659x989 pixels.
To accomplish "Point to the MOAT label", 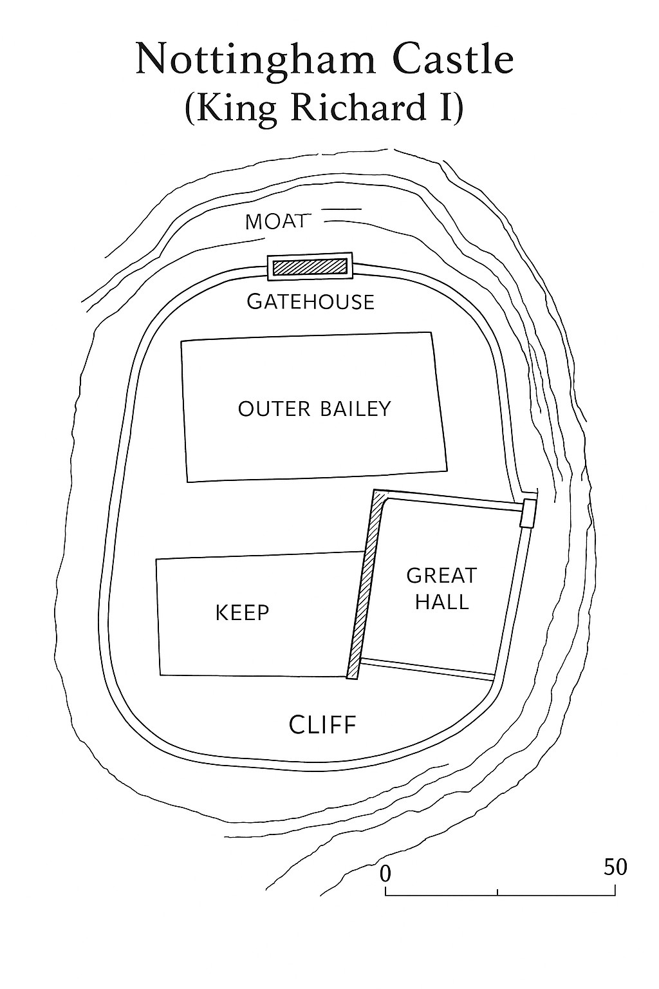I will [x=275, y=221].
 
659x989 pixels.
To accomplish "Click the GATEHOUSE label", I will [x=310, y=301].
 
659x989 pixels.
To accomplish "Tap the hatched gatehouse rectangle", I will [x=310, y=267].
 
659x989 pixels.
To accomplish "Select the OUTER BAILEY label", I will [x=314, y=409].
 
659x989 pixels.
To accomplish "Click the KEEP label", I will [x=242, y=612].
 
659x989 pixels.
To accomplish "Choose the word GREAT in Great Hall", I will [x=441, y=575].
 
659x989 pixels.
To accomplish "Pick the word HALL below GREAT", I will [x=441, y=602].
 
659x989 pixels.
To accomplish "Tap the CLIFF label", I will [x=322, y=725].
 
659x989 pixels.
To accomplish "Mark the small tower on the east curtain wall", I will [x=528, y=513].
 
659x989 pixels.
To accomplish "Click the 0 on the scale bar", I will [x=385, y=874].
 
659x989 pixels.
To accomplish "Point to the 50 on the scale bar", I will [x=615, y=867].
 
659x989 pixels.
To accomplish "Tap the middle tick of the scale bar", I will [x=497, y=892].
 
